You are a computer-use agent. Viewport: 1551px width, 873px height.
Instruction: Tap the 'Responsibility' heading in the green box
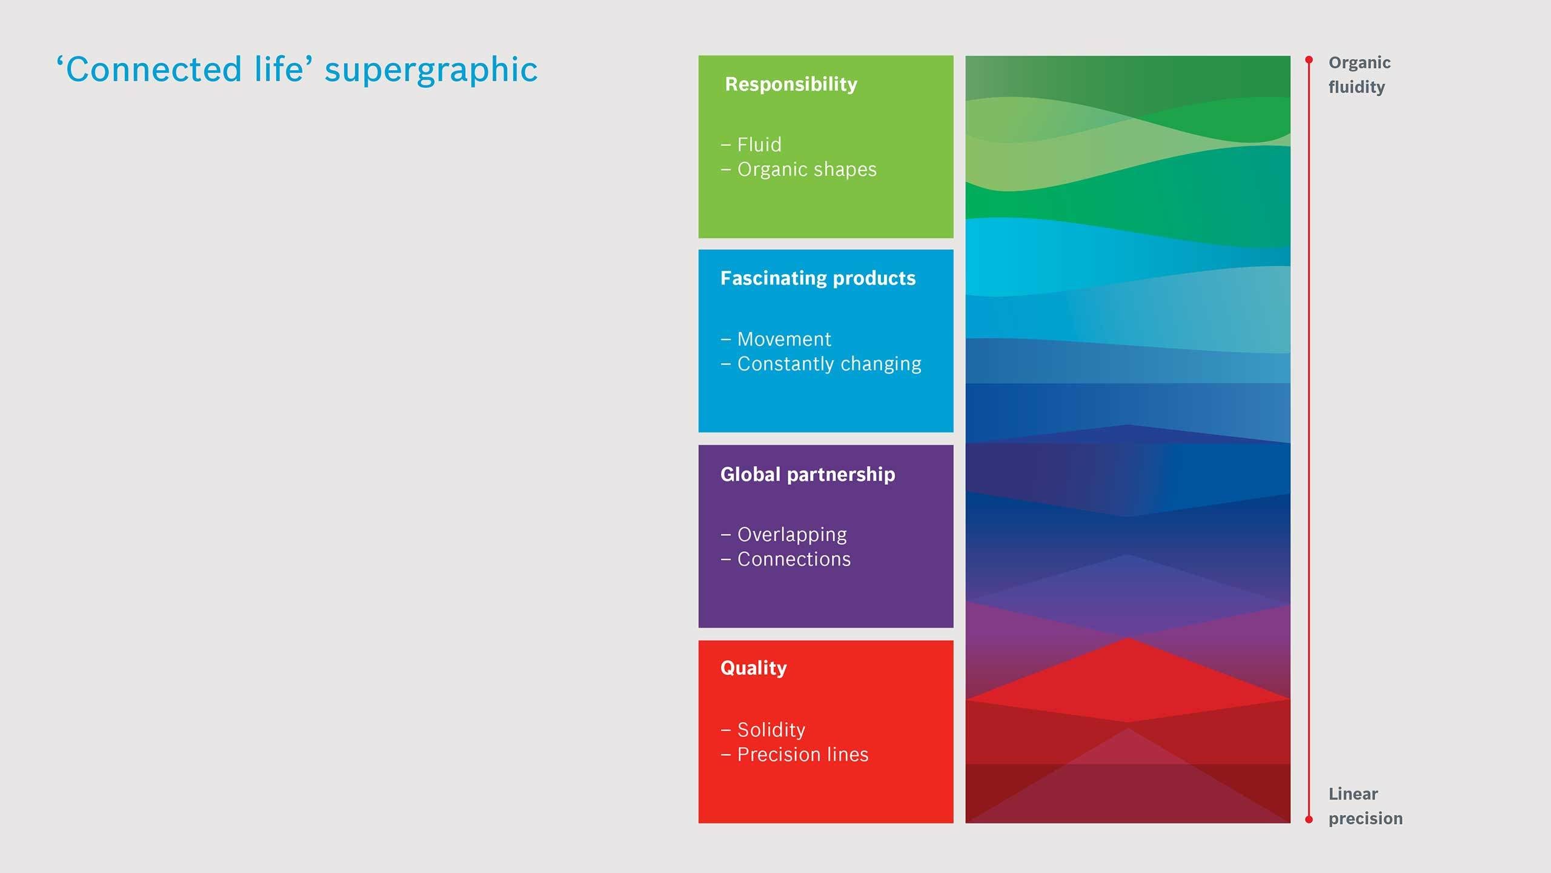(x=791, y=84)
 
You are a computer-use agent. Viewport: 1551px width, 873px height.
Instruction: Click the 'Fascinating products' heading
(x=818, y=278)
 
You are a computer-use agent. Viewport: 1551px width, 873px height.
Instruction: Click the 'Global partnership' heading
(x=808, y=474)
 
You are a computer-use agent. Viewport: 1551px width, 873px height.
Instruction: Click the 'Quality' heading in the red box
(x=754, y=668)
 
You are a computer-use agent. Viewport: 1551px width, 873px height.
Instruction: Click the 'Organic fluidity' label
(x=1360, y=75)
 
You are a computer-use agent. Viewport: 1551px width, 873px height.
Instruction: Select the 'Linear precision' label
(x=1366, y=806)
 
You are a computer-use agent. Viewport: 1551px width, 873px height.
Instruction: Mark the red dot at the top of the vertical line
(x=1309, y=60)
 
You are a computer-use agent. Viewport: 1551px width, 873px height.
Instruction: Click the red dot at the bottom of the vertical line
(x=1309, y=820)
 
